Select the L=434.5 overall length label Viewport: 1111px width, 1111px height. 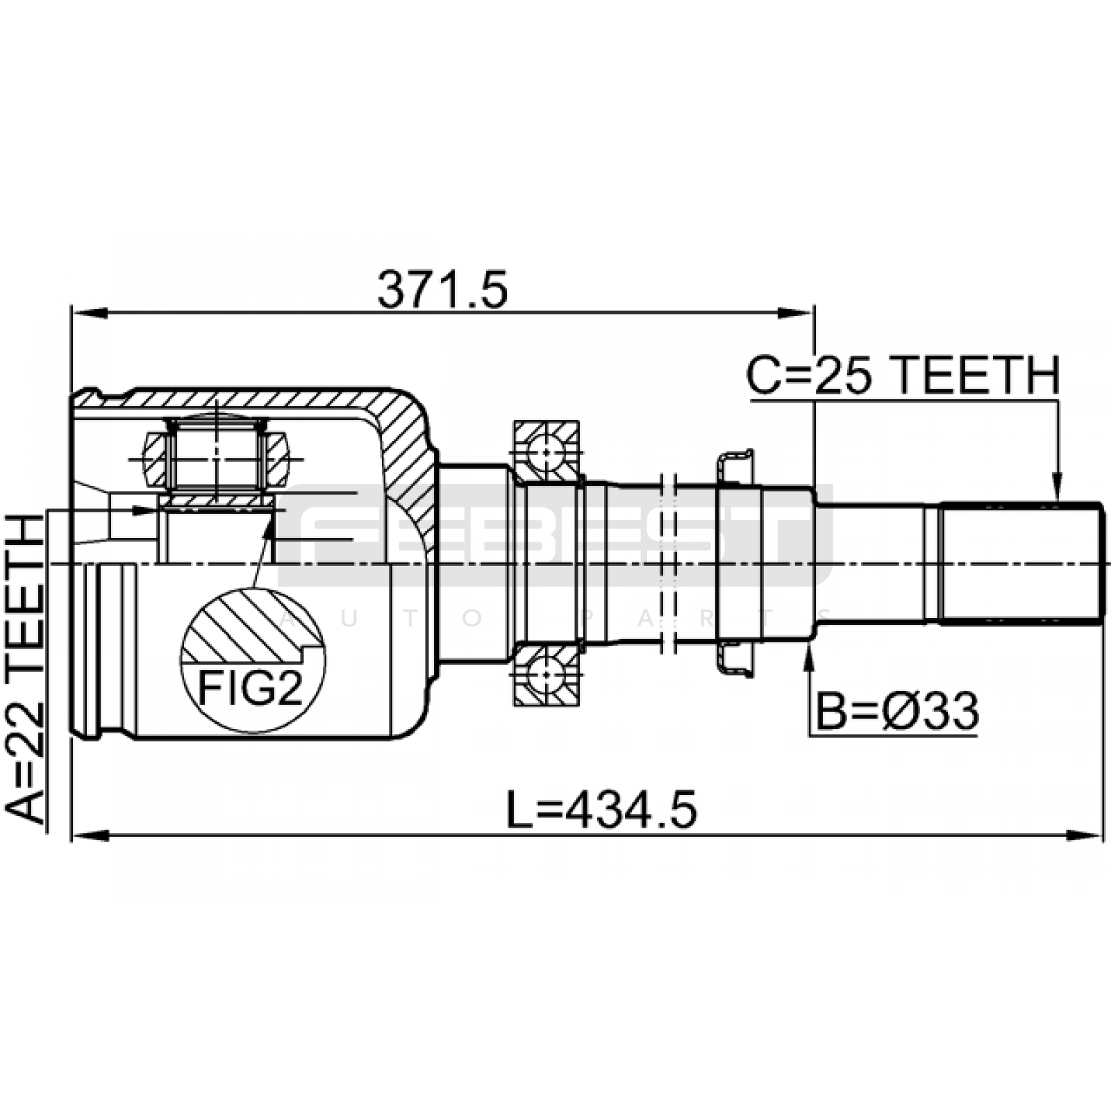(x=601, y=810)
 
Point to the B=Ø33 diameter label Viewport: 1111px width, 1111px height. (x=897, y=711)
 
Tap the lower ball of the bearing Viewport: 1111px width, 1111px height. (x=546, y=675)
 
